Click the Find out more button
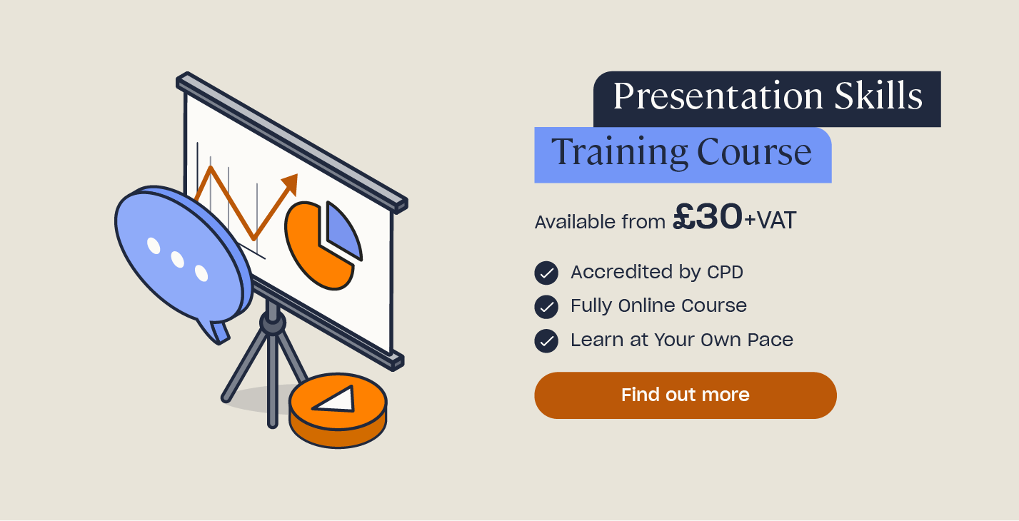pos(685,395)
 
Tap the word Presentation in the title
pos(718,97)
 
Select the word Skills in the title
pos(878,96)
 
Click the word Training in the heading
pos(619,152)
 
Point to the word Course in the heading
pos(754,152)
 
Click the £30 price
pos(708,216)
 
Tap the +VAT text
pos(770,221)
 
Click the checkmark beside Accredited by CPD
pos(546,273)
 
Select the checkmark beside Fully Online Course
pos(546,306)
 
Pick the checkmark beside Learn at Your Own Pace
pos(546,340)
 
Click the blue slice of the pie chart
pos(343,232)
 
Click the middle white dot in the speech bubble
pos(177,260)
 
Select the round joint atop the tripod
pos(273,323)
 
